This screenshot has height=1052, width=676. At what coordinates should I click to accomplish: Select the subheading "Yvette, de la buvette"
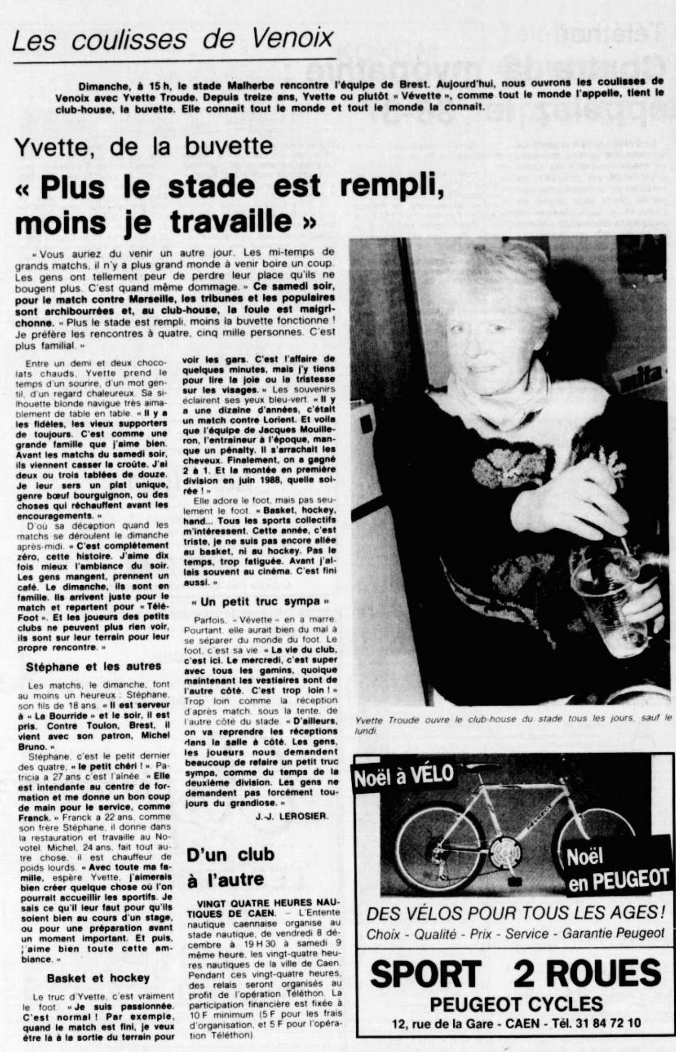144,147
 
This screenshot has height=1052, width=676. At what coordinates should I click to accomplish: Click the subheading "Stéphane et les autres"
94,666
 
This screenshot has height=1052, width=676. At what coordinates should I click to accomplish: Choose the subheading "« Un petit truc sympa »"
260,602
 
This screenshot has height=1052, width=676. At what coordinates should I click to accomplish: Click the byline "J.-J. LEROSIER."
291,816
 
